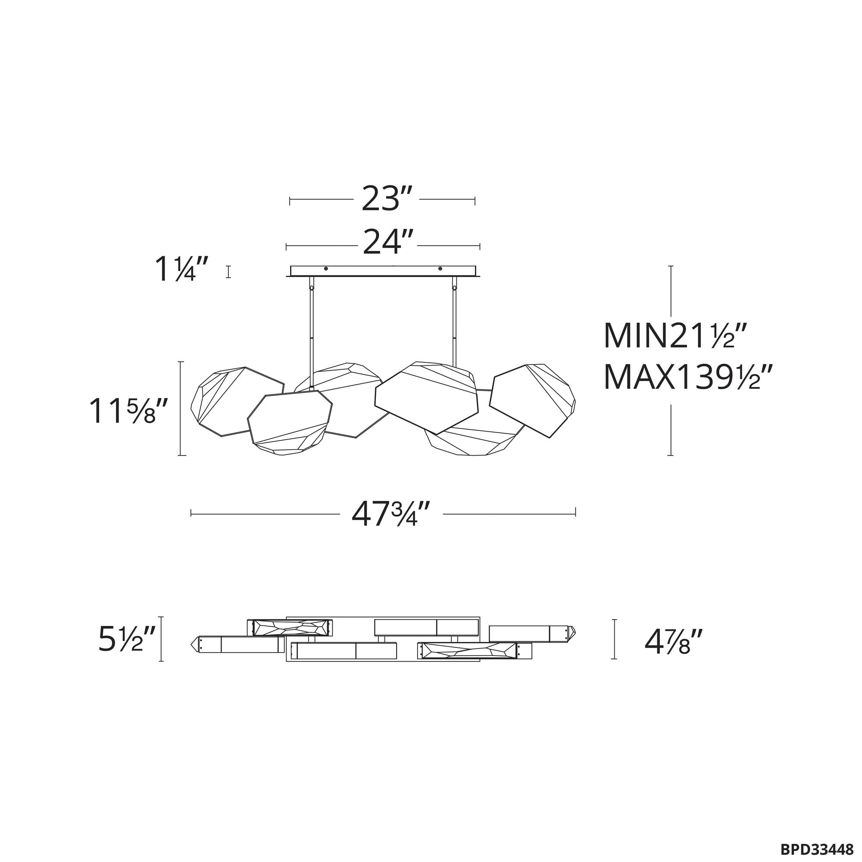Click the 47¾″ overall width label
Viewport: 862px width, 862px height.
pyautogui.click(x=391, y=514)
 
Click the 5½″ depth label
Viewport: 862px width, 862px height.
pyautogui.click(x=127, y=639)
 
